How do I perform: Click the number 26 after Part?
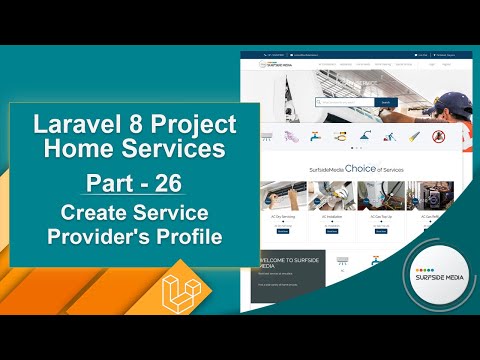(x=170, y=185)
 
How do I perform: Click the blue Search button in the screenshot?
(x=385, y=102)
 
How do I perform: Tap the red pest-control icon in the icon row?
(x=437, y=135)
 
